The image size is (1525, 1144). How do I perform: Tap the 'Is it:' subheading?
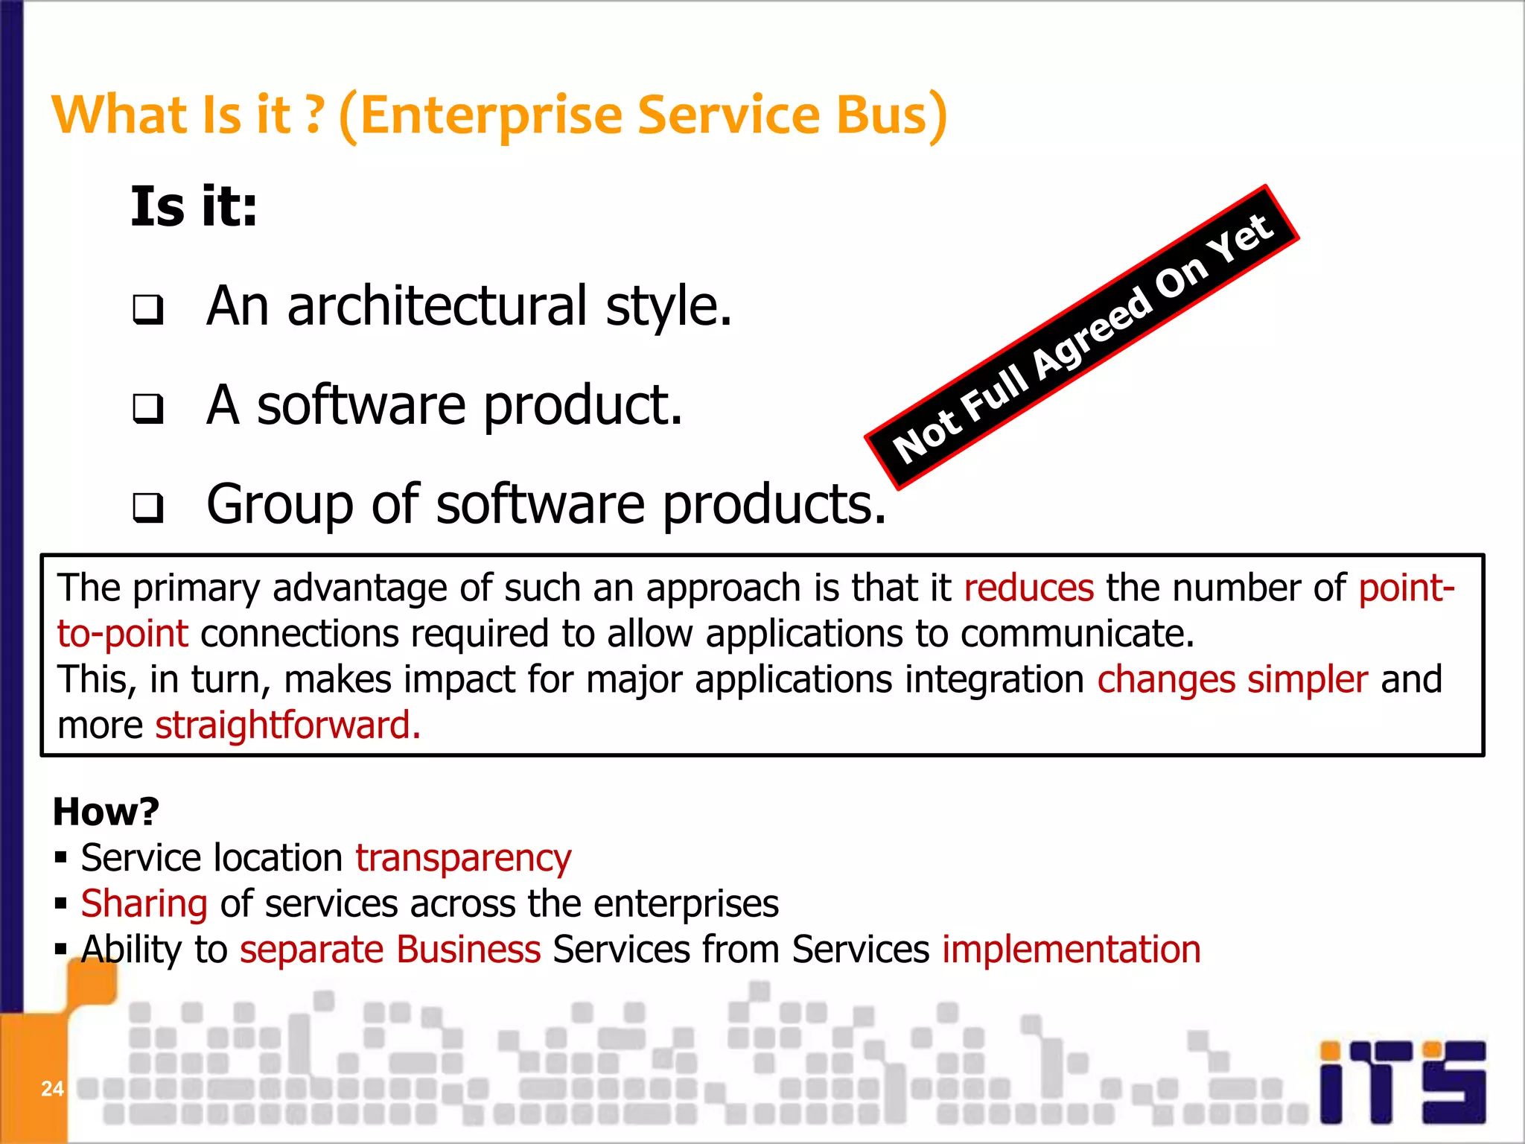(x=194, y=207)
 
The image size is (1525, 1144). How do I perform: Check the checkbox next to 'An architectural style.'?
(x=148, y=309)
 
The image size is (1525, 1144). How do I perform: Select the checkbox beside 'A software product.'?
(x=148, y=408)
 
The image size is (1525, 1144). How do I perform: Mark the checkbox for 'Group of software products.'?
(x=148, y=508)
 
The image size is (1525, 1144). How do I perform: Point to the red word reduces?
(x=1028, y=588)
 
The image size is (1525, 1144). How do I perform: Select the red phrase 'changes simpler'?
(x=1232, y=679)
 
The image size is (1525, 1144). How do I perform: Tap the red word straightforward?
(x=287, y=725)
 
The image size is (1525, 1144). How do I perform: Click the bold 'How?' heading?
(x=106, y=811)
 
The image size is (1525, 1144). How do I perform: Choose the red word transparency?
(x=463, y=858)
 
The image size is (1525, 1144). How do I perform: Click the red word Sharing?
(x=144, y=904)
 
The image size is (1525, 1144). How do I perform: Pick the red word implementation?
(x=1071, y=950)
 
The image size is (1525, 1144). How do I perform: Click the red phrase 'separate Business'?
(x=390, y=950)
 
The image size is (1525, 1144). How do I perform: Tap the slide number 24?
(x=52, y=1089)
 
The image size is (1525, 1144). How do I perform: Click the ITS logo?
(x=1403, y=1082)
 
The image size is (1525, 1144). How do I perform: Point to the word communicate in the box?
(x=1076, y=634)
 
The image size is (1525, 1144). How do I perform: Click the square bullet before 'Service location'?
(x=61, y=858)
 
